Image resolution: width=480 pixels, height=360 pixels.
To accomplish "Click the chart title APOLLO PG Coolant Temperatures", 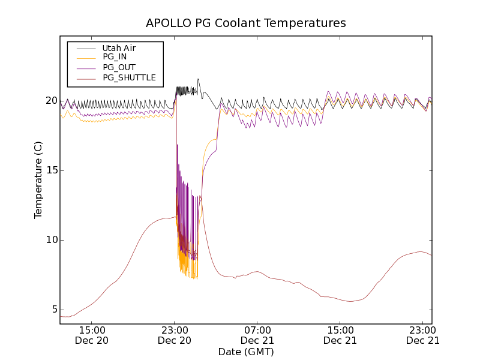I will coord(246,23).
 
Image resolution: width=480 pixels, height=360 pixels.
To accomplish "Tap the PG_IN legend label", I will coord(115,57).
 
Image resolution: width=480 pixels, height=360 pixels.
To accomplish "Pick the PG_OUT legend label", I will coord(119,67).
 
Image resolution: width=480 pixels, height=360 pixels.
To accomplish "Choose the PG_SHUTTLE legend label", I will coord(129,77).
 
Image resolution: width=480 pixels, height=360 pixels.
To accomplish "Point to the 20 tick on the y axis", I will coord(50,101).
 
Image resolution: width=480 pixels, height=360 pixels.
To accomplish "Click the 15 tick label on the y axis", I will coord(50,170).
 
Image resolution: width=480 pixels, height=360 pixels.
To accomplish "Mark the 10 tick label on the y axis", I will coord(50,240).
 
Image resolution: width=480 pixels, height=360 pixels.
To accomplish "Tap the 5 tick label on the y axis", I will coord(53,310).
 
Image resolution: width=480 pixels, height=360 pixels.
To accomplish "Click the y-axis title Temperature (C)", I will coord(38,180).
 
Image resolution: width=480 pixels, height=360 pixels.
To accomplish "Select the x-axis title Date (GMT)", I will coord(246,352).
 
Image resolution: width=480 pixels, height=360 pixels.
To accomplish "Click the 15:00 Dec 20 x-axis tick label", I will coord(92,335).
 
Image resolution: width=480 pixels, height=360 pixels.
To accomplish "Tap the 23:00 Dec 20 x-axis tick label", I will coord(175,335).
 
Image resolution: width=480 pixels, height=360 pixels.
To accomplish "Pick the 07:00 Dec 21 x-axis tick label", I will coord(257,335).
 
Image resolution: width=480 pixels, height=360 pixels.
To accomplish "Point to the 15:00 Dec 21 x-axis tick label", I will coord(340,335).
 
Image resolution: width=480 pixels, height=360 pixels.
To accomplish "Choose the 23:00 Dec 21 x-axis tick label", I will coord(422,335).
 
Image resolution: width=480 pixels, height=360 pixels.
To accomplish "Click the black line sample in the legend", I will coord(85,47).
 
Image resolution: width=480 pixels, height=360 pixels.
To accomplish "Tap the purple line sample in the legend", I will coord(85,67).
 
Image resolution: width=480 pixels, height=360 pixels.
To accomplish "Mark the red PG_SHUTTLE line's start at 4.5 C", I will coord(61,316).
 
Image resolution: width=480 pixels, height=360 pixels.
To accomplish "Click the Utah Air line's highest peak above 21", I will coord(198,79).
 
